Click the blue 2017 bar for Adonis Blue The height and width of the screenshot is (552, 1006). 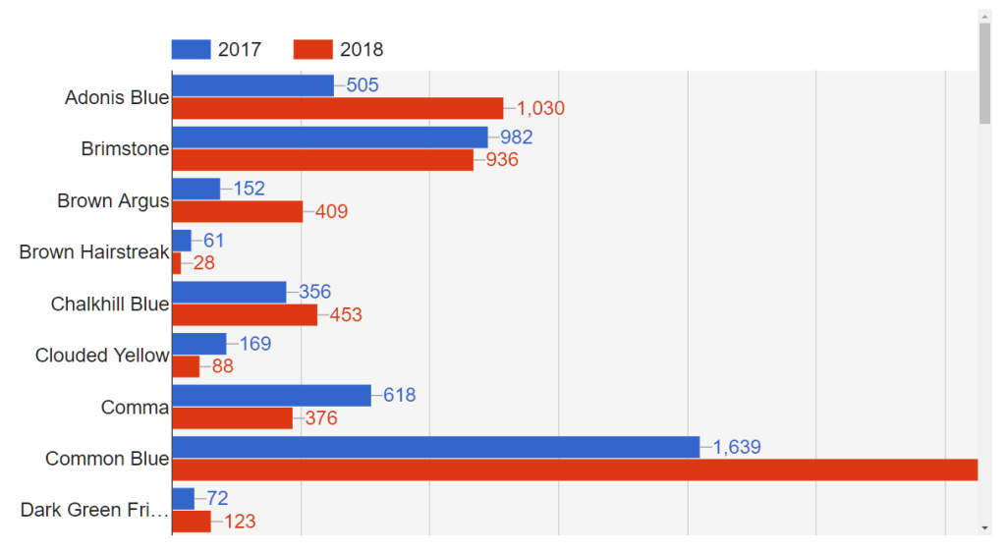click(252, 85)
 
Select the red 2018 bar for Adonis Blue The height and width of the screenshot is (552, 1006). click(337, 108)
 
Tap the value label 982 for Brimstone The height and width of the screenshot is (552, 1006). click(516, 138)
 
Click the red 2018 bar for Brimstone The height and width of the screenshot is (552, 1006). click(322, 160)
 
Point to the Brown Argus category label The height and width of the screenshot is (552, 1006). click(113, 201)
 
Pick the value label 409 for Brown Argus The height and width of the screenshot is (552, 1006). click(331, 211)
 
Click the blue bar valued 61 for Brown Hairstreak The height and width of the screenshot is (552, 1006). click(182, 241)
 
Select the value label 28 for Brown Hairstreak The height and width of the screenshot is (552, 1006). click(203, 263)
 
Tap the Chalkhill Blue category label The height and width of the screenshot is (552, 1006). click(110, 304)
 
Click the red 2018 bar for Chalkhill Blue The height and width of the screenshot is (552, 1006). click(245, 314)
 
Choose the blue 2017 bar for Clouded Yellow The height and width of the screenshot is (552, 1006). click(199, 344)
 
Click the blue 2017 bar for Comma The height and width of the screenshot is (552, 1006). click(271, 395)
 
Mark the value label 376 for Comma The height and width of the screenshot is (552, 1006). click(320, 418)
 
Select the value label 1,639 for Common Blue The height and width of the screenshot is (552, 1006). click(737, 448)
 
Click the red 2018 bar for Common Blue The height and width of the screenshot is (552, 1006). click(575, 469)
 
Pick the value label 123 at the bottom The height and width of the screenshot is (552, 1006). click(240, 522)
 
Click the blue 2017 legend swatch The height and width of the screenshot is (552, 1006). click(191, 49)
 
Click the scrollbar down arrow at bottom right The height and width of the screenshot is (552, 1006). click(985, 528)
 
